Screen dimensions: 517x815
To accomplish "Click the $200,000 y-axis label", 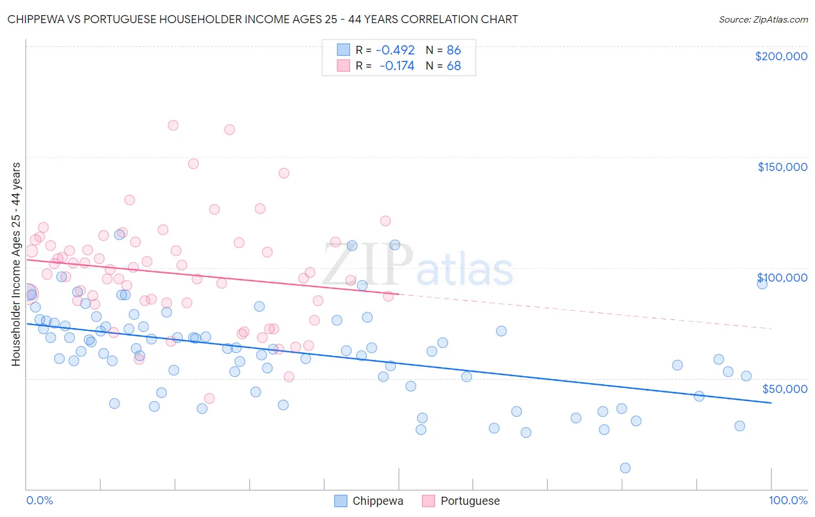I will [x=781, y=56].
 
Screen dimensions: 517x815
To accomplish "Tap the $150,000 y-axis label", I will [x=782, y=167].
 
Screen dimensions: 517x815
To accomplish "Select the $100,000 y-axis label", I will [x=782, y=278].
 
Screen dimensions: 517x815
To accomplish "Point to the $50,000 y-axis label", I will [x=784, y=388].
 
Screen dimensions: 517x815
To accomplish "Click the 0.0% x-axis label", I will [x=39, y=501].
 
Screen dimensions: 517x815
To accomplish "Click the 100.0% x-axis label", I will [x=788, y=501].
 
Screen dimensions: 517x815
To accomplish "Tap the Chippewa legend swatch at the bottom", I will [x=341, y=501].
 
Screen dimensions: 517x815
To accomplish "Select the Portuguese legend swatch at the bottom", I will [x=428, y=501].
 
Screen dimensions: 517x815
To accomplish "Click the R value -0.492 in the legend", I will [x=395, y=50].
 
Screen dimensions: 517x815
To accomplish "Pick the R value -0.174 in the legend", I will [x=396, y=66].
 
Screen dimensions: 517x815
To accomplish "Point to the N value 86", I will [x=454, y=50].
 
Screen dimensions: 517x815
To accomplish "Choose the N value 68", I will [x=454, y=66].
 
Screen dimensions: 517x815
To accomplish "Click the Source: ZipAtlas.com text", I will [x=763, y=20].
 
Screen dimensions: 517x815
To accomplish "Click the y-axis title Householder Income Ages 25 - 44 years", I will [x=16, y=264].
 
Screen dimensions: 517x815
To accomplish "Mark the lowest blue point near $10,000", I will [x=625, y=468].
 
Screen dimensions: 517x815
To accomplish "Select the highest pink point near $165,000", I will [x=173, y=125].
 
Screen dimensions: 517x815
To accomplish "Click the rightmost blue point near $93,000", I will [x=762, y=283].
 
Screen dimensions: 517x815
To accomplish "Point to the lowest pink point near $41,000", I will [x=209, y=398].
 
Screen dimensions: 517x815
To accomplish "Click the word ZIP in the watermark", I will [x=368, y=265].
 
